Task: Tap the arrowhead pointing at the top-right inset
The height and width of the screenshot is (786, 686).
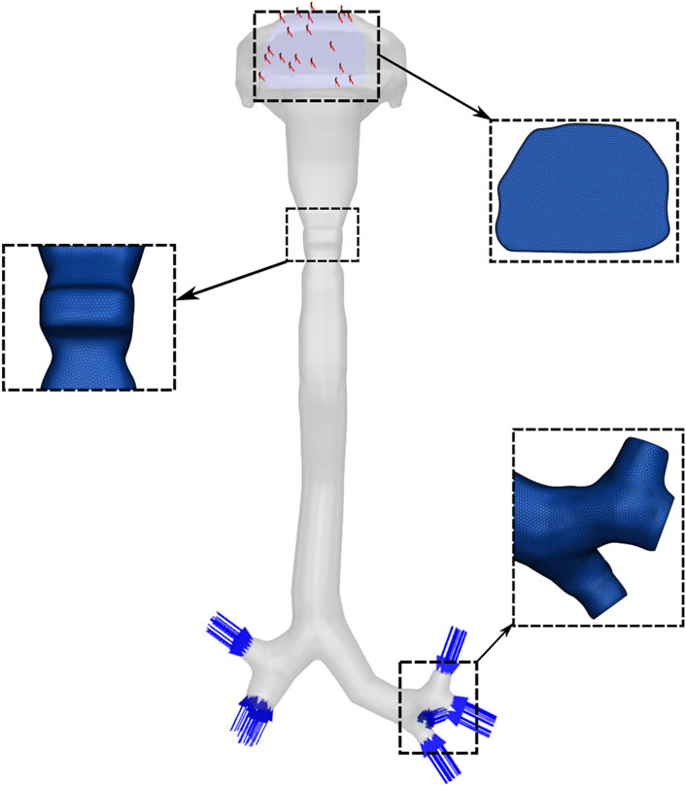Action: [x=485, y=117]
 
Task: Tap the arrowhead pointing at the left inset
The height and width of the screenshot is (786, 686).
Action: [x=182, y=293]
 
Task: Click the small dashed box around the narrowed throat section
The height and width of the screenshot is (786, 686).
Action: [x=322, y=233]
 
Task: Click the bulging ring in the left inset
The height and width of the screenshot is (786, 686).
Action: [x=88, y=309]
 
